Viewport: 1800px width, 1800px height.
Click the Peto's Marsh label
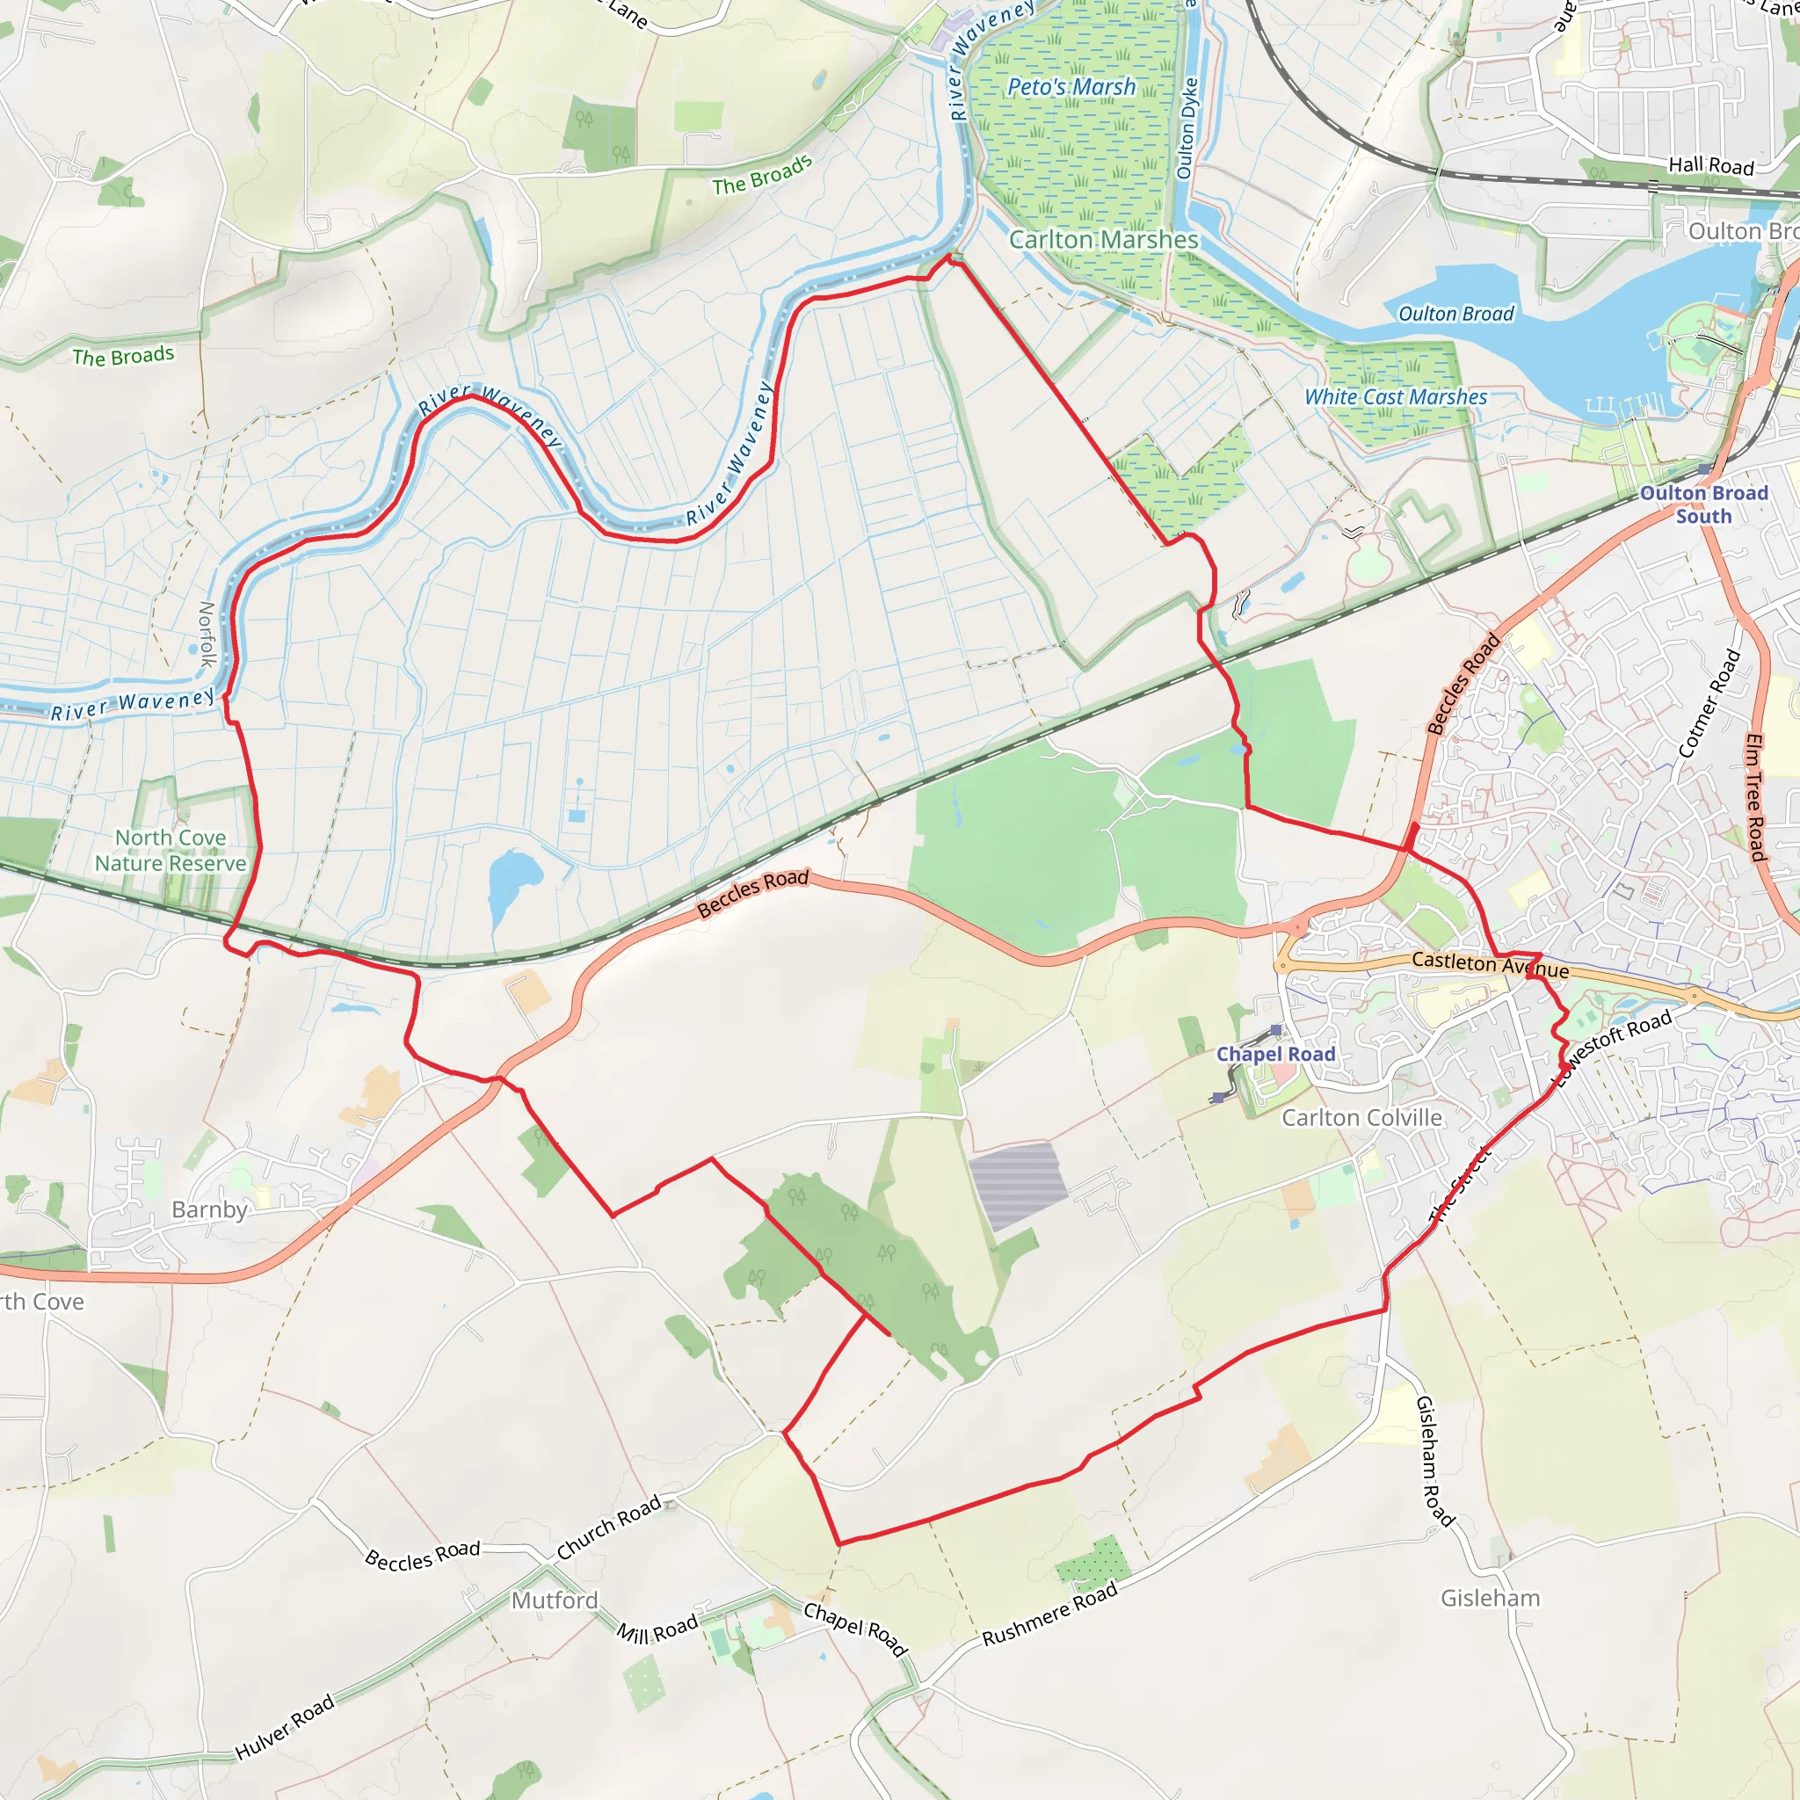click(1071, 87)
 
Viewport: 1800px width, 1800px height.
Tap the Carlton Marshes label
click(1104, 239)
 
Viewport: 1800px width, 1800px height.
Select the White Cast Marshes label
click(1396, 397)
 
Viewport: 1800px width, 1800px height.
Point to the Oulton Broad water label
click(1456, 314)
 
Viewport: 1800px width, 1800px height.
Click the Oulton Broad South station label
click(1704, 504)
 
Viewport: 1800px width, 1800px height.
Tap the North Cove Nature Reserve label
click(171, 851)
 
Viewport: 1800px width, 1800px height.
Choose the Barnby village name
click(210, 1209)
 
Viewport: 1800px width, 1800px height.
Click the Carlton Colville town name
click(1362, 1118)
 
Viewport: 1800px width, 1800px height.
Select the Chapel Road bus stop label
click(1275, 1054)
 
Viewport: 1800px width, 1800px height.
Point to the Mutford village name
click(555, 1600)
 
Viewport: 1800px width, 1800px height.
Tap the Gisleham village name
click(1491, 1598)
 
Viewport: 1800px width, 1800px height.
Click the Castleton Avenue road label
click(1490, 964)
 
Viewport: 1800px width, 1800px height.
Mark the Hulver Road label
click(284, 1728)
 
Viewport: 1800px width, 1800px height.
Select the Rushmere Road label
click(1050, 1615)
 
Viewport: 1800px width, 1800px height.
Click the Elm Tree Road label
click(1755, 797)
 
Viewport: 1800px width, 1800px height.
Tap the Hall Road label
click(1710, 166)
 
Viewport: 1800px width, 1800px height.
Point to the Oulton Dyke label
click(1186, 127)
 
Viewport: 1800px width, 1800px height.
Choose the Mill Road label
click(657, 1629)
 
